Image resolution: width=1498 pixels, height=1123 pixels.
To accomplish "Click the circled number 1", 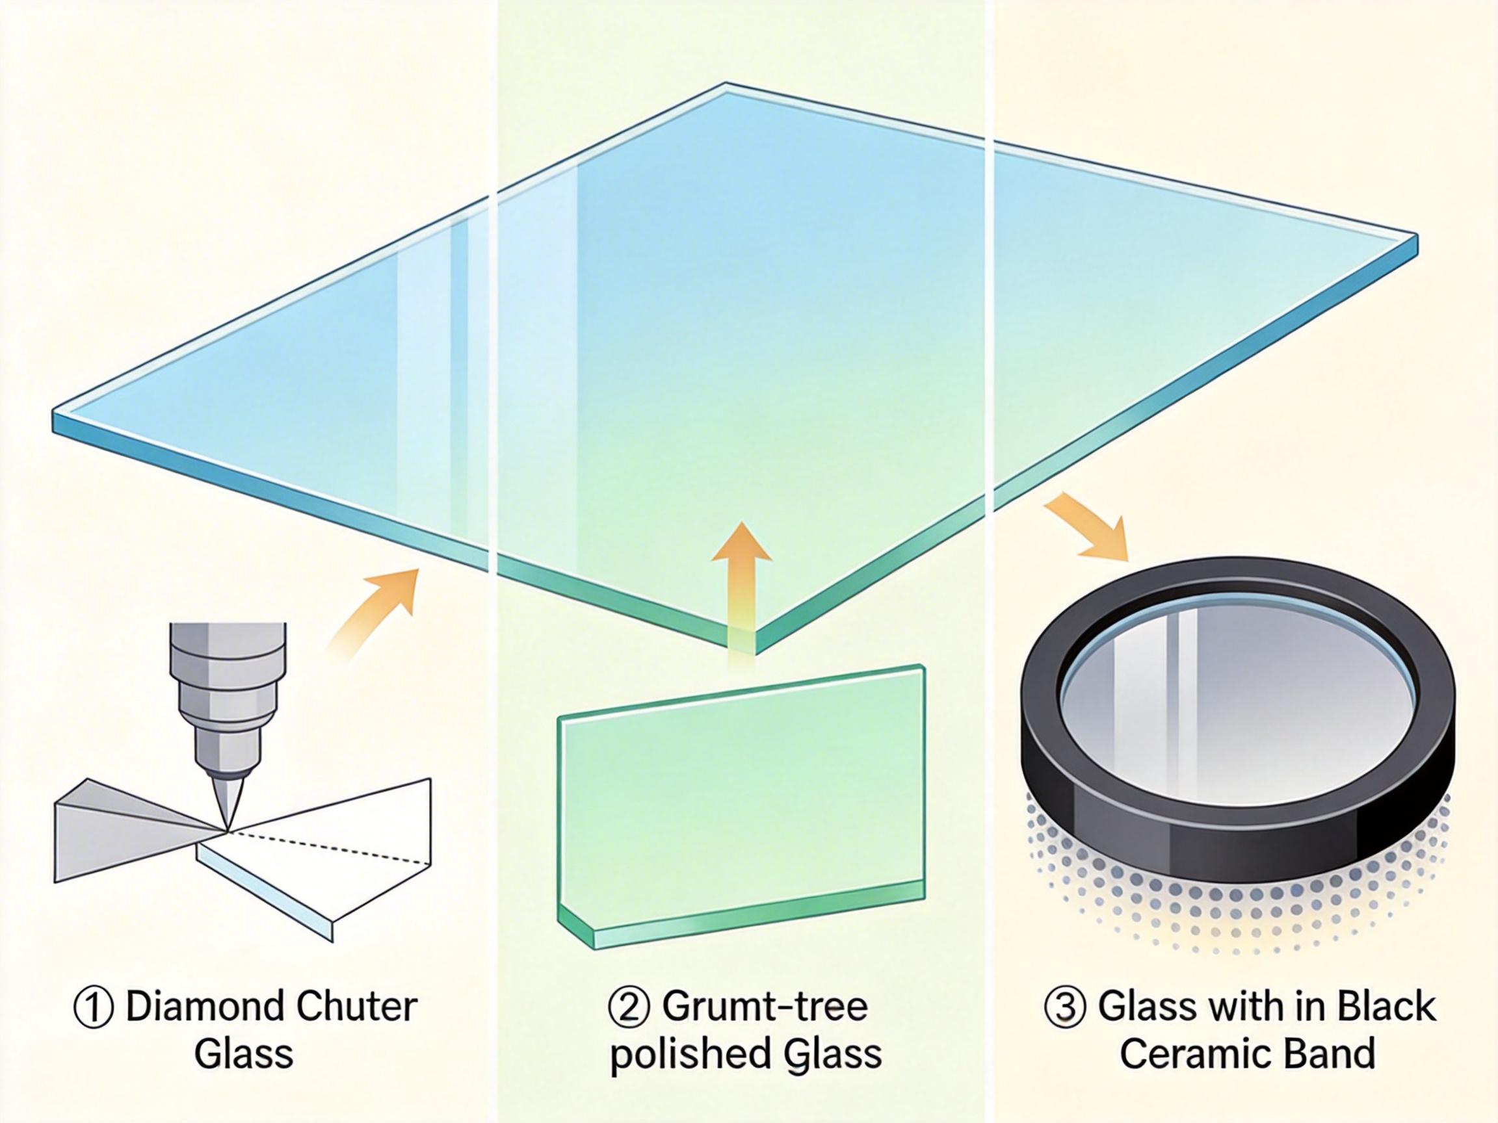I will tap(92, 1008).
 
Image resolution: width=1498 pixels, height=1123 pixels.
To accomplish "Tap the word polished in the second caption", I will tap(684, 1056).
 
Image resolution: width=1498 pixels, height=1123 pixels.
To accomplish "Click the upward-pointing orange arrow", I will tap(741, 582).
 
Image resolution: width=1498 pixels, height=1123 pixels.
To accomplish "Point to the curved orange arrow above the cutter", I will tap(376, 609).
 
